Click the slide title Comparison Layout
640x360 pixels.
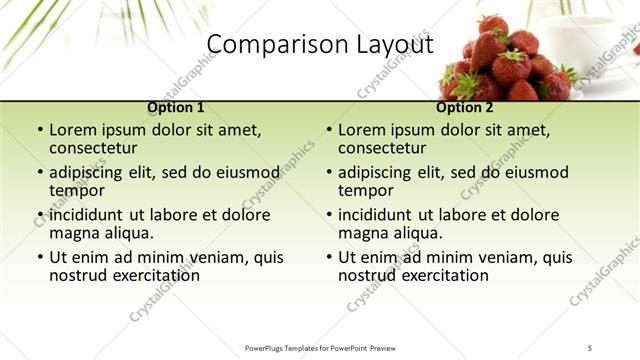click(320, 45)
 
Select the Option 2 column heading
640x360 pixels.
click(465, 107)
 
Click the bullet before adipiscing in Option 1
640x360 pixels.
click(38, 173)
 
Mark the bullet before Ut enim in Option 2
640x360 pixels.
click(327, 257)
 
